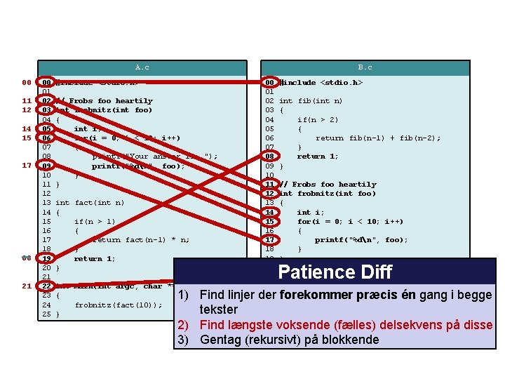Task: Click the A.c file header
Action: coord(142,67)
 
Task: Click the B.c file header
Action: coord(365,67)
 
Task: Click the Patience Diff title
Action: coord(335,272)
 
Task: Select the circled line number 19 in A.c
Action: coord(46,258)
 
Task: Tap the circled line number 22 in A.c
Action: coord(46,286)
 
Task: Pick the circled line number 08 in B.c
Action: coord(269,157)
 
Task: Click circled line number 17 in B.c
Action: coord(269,239)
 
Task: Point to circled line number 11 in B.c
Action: coord(269,184)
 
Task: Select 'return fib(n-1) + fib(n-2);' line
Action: coord(377,138)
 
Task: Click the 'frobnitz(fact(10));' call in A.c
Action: coord(118,305)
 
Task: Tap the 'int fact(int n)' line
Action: coord(89,203)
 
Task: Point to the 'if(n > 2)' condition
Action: coord(317,119)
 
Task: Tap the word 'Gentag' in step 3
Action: coord(222,340)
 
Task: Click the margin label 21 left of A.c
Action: coord(26,286)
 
